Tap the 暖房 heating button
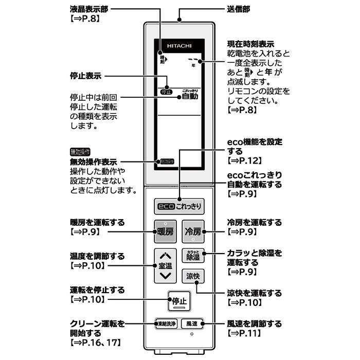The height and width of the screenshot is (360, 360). pos(166,232)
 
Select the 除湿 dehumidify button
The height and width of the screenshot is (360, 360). pos(194,256)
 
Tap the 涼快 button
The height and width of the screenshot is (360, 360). pos(194,276)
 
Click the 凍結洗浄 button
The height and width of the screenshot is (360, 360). pos(166,324)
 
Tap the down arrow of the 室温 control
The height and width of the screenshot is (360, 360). pos(165,276)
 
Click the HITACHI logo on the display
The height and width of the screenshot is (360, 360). pos(179,46)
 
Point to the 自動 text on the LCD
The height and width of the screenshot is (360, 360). pos(190,96)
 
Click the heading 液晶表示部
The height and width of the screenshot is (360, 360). pos(89,10)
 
